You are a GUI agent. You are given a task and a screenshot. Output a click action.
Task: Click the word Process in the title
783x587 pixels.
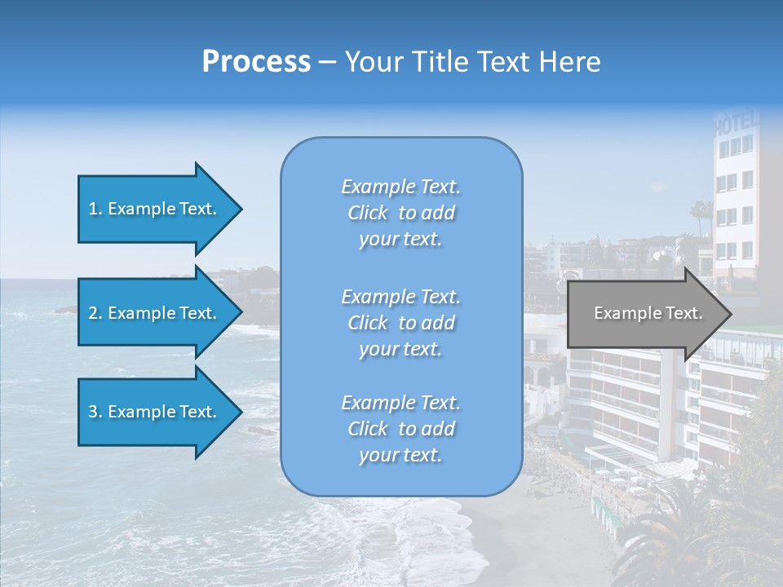pos(256,62)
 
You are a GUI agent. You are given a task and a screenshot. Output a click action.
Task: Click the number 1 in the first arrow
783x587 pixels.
pos(93,209)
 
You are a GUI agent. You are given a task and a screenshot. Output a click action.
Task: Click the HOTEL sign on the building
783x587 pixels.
pos(736,125)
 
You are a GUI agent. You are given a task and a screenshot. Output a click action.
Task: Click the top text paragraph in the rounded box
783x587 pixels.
pos(400,213)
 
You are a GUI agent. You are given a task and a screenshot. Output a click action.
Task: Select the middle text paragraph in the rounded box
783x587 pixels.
pos(400,323)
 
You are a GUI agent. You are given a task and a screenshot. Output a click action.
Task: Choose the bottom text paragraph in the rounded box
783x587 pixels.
pos(400,429)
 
